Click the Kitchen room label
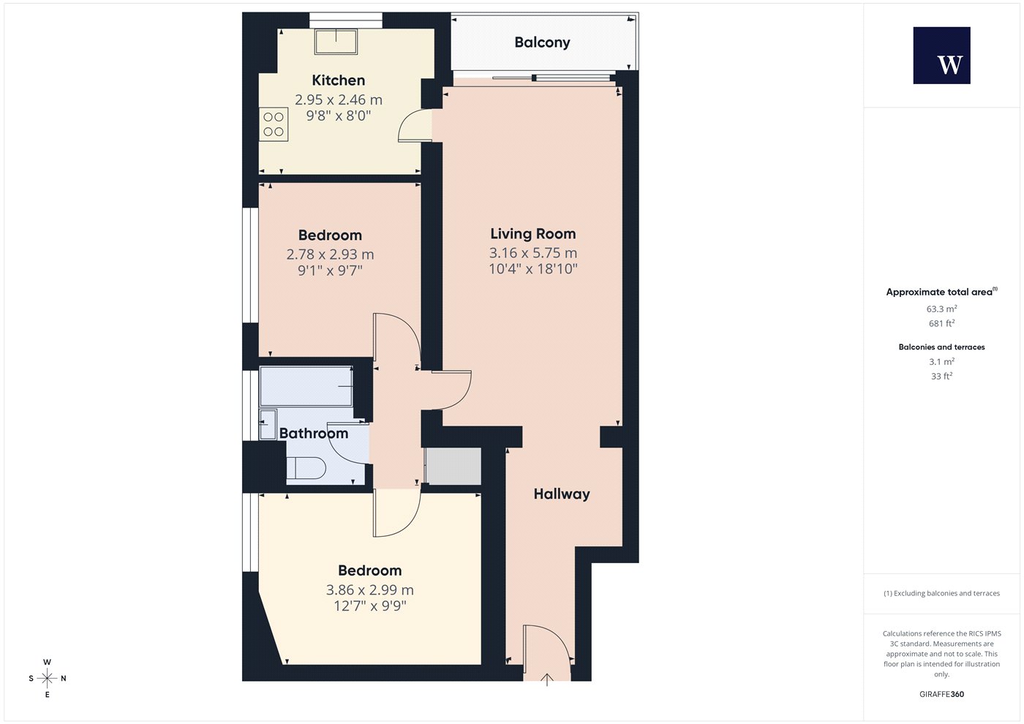338,80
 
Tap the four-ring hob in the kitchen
274,124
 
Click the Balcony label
542,42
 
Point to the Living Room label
533,233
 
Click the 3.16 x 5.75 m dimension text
533,253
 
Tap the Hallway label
562,494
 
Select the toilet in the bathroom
306,467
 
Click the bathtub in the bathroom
306,386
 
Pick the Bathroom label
314,433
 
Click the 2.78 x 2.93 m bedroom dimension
330,254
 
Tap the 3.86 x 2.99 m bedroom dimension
370,589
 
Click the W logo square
942,56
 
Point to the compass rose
47,679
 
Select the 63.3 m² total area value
942,309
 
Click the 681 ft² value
942,323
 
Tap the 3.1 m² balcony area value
942,361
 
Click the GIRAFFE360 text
942,694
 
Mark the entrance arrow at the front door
547,679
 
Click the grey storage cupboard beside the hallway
453,466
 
